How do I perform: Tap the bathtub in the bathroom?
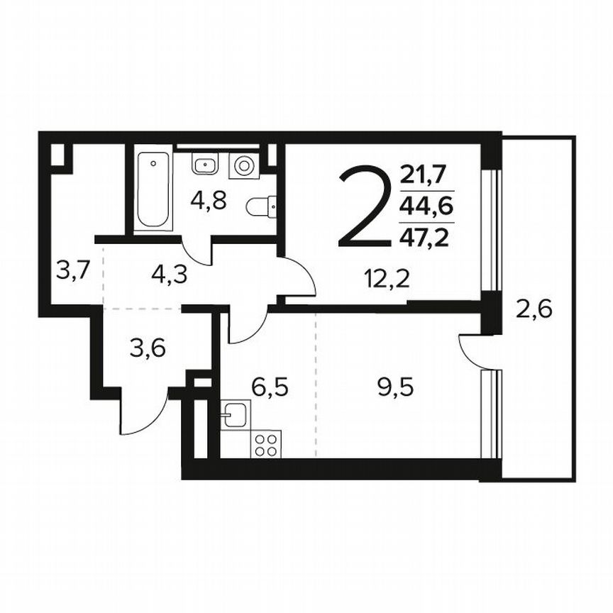[x=154, y=189]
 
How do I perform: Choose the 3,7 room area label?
[x=71, y=270]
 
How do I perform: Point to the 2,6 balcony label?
[x=534, y=310]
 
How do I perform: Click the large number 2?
[x=365, y=206]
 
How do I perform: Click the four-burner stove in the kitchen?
[x=266, y=445]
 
